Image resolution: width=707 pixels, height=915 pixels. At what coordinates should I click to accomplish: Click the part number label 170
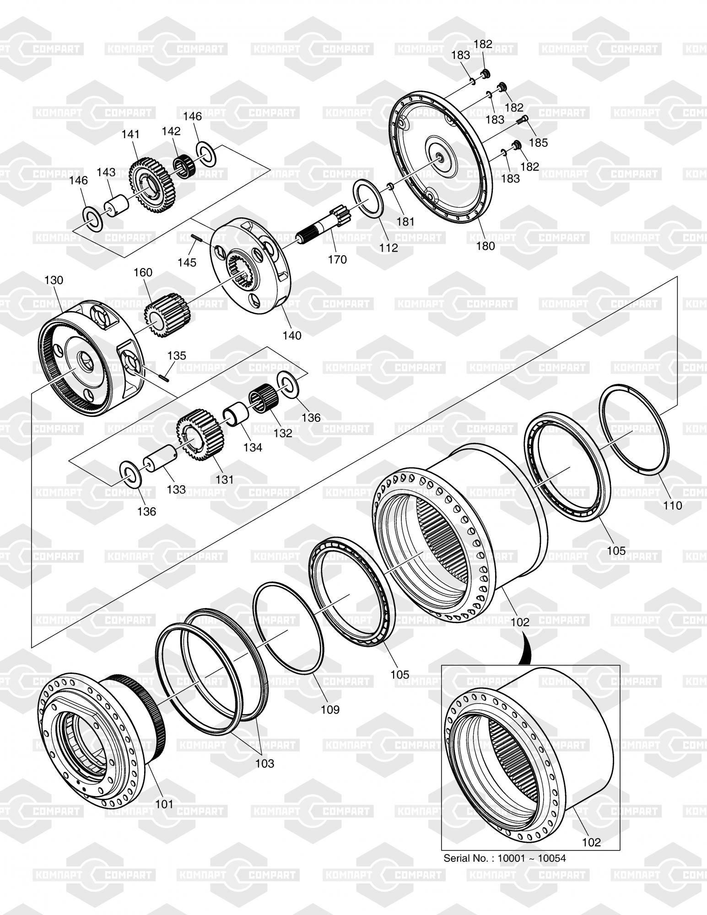(337, 259)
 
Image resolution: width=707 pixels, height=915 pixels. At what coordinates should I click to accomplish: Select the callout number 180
(485, 246)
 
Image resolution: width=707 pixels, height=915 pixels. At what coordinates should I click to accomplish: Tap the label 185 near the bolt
(538, 142)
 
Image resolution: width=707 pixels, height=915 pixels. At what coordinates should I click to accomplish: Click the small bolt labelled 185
(522, 120)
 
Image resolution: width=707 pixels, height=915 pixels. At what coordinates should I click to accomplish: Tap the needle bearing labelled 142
(183, 163)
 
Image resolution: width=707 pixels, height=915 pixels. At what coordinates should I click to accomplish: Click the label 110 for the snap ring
(672, 505)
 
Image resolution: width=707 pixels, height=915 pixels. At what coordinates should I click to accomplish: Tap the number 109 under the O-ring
(330, 710)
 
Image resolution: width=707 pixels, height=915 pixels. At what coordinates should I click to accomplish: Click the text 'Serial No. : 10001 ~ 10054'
(504, 858)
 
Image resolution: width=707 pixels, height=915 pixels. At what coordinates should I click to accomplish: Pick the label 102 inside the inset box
(591, 842)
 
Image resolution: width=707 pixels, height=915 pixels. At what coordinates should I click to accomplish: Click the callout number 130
(54, 280)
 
